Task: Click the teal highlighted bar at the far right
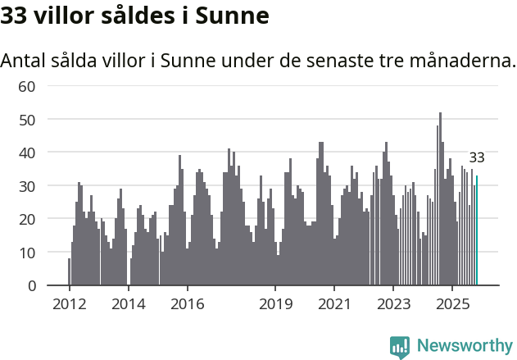(477, 230)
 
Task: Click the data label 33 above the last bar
(477, 157)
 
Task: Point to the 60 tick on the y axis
(27, 86)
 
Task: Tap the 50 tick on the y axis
(27, 120)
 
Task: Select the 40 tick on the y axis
(27, 153)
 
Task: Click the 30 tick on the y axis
(27, 186)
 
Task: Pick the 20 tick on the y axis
(27, 219)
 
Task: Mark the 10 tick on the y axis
(27, 253)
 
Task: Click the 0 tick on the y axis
(32, 285)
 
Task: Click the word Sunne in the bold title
(231, 15)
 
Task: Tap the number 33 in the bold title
(16, 15)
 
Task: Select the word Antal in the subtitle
(25, 61)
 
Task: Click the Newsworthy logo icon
(400, 346)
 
